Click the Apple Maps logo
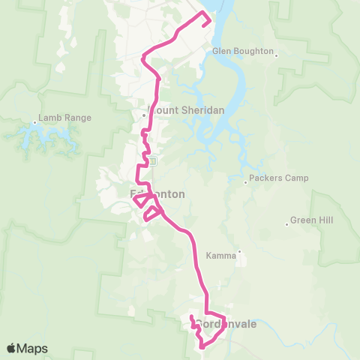coord(26,349)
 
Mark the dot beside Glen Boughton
coord(277,54)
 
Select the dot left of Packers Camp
coord(245,181)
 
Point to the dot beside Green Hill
coord(286,222)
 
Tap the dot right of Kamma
coord(239,251)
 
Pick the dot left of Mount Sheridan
coord(144,115)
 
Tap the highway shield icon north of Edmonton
coord(152,161)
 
